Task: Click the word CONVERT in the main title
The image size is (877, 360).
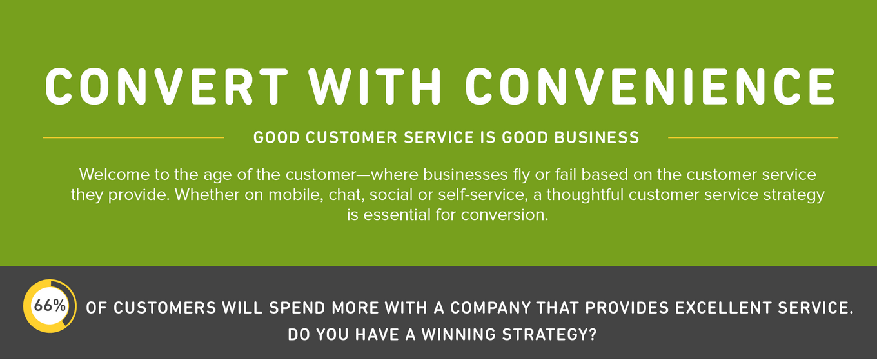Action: (166, 86)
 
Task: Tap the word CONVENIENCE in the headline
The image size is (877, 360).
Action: (650, 86)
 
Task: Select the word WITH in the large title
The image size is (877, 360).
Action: (375, 86)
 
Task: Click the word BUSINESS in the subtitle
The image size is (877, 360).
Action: (596, 137)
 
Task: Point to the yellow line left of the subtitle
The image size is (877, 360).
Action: (133, 138)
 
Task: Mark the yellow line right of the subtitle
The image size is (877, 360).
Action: (753, 138)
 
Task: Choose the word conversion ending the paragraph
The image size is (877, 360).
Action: (505, 215)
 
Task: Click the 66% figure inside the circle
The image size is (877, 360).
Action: (50, 306)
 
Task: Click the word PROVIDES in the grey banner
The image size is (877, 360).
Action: (627, 308)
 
